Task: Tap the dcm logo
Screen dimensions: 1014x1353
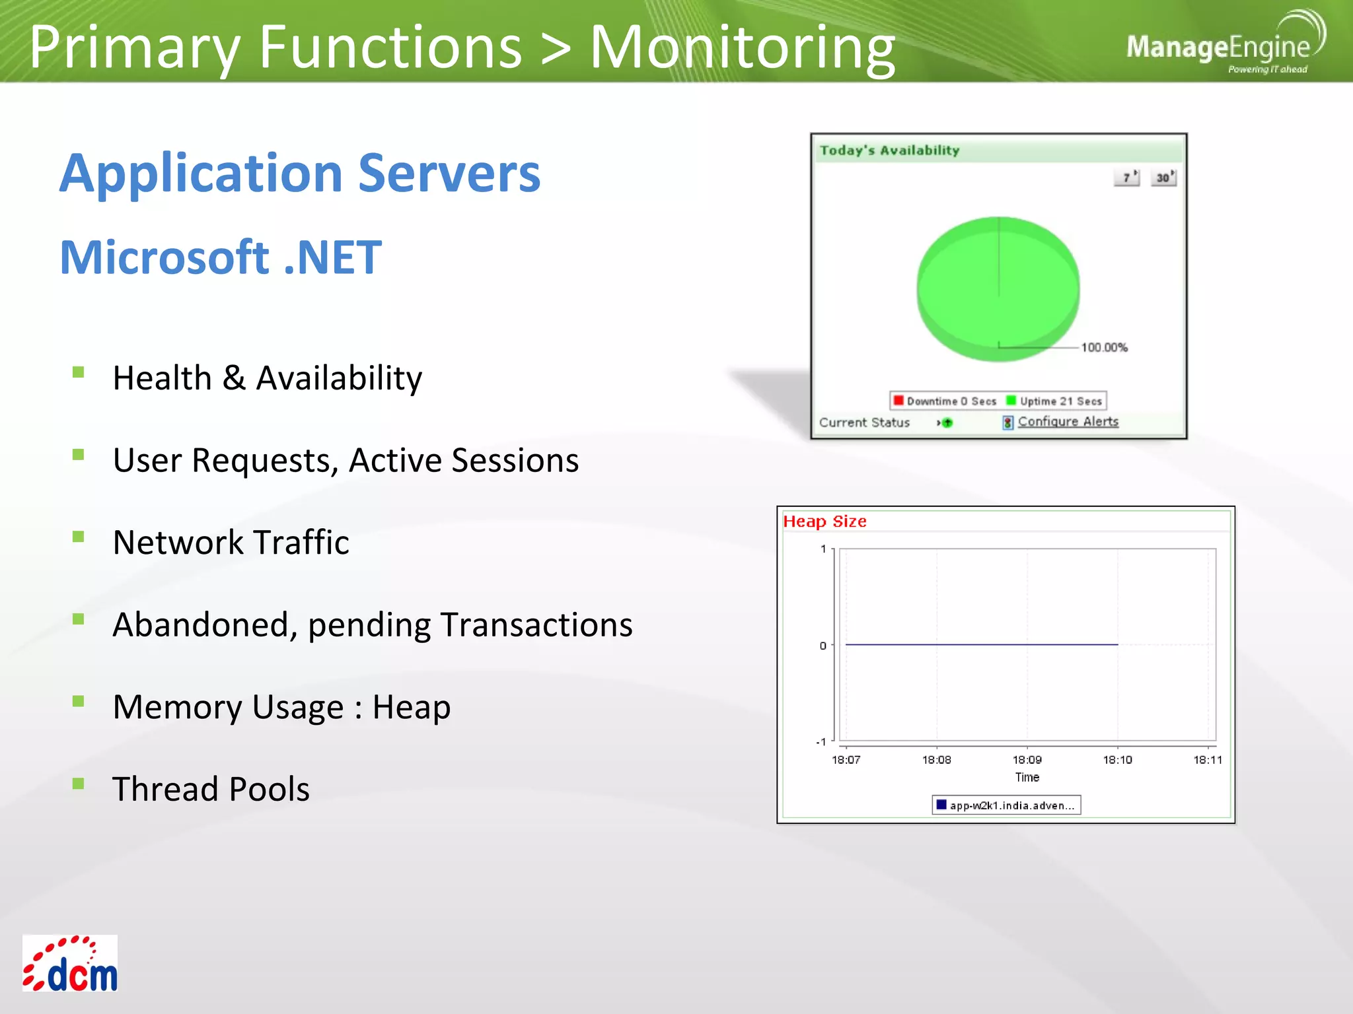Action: tap(70, 963)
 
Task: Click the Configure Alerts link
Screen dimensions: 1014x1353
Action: tap(1068, 421)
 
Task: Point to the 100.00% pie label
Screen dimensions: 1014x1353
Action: tap(1104, 347)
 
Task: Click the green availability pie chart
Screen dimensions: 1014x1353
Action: tap(998, 289)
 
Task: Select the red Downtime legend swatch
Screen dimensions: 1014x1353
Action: tap(898, 400)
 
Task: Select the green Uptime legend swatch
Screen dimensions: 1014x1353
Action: tap(1011, 400)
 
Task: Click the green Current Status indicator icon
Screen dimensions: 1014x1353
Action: tap(947, 422)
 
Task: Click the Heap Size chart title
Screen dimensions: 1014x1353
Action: tap(824, 522)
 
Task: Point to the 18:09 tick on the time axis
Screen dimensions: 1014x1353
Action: tap(1027, 759)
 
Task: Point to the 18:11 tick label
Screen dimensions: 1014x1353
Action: tap(1207, 760)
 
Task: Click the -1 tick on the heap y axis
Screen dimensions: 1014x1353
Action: tap(821, 741)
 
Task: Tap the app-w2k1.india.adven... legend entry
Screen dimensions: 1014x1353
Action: tap(1006, 805)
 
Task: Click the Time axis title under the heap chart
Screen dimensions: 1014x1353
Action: tap(1027, 777)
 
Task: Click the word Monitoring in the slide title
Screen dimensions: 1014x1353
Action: tap(742, 48)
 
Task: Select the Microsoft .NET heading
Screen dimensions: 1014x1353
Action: tap(221, 257)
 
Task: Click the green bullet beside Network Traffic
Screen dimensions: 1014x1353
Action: tap(79, 536)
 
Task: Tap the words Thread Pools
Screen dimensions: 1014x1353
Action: tap(211, 789)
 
